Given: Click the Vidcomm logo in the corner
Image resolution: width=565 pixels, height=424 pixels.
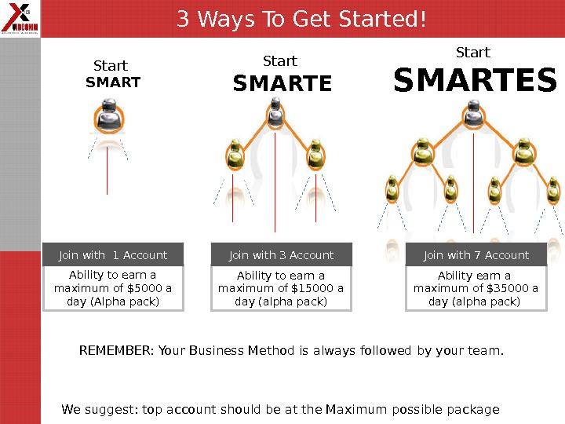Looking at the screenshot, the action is click(x=20, y=18).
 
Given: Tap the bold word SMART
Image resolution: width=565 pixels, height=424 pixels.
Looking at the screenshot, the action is click(x=113, y=82).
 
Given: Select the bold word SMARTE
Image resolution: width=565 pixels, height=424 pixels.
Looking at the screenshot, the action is click(x=282, y=83).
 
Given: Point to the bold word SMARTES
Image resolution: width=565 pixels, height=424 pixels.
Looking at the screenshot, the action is click(x=475, y=80).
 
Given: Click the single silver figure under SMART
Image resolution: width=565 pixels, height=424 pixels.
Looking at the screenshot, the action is click(x=109, y=115).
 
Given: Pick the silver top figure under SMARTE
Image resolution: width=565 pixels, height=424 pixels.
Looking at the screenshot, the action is click(x=275, y=111).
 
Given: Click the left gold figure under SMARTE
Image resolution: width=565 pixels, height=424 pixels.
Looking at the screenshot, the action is click(x=235, y=155).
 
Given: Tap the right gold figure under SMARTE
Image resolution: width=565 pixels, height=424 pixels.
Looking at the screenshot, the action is click(x=315, y=155).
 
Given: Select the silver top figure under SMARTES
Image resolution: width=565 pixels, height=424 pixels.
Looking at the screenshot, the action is click(x=473, y=114).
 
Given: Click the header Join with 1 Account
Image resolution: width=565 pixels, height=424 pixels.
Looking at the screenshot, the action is click(x=113, y=255).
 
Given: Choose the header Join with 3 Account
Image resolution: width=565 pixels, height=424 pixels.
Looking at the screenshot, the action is click(x=281, y=255).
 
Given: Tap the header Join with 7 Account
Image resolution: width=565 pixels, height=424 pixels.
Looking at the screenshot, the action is click(x=476, y=255).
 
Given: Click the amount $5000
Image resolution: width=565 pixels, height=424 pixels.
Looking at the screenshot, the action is click(x=144, y=288).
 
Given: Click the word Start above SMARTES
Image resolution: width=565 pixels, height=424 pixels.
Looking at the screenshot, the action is click(x=473, y=53).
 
